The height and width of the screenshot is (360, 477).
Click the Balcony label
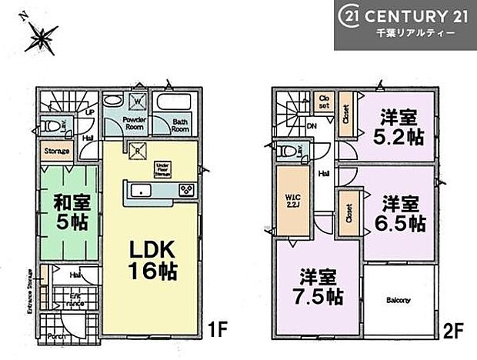pos(398,300)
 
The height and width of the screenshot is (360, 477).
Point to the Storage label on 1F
pos(57,152)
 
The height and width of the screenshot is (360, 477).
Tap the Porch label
pos(54,335)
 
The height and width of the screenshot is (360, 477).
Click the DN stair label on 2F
pos(311,128)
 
